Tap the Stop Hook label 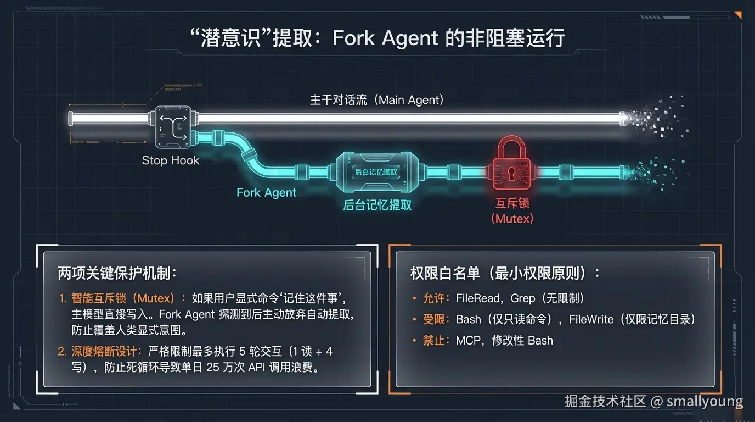171,160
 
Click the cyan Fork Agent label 266,192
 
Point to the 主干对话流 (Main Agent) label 376,100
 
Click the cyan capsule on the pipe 376,171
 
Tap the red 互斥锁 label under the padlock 512,204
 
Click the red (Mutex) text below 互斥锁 512,218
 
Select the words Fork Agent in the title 385,39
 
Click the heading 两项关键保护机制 117,273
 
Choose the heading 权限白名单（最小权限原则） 505,273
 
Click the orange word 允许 434,298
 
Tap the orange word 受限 434,319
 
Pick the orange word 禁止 434,340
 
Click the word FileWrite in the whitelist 591,319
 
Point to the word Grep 522,298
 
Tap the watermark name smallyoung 705,402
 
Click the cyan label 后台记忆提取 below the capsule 377,206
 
